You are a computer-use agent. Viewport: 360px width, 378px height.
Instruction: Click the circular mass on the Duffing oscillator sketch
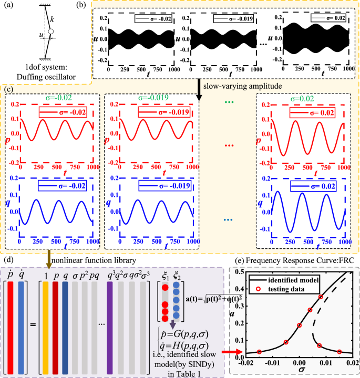pyautogui.click(x=50, y=32)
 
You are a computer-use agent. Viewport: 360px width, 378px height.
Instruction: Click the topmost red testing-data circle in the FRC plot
pyautogui.click(x=321, y=297)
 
